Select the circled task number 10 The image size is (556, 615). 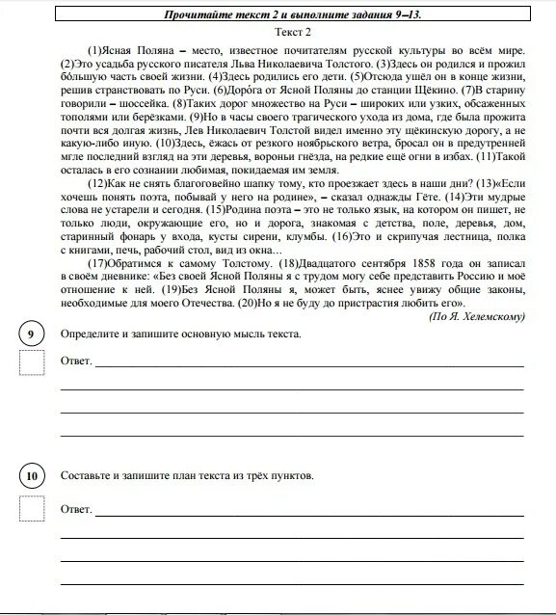(x=32, y=476)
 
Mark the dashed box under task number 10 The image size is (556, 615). (x=32, y=507)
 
